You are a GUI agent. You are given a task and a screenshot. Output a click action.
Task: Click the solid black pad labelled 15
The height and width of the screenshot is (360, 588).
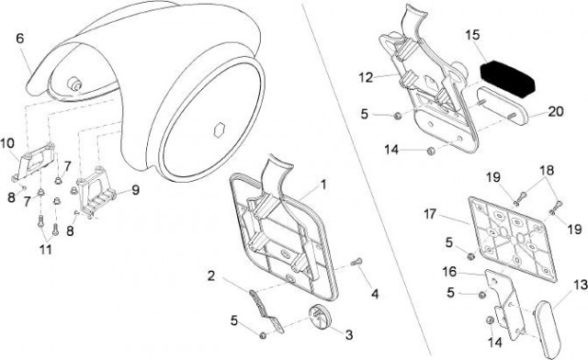click(508, 80)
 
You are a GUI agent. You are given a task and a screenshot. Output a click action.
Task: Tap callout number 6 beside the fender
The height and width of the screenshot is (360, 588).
click(20, 39)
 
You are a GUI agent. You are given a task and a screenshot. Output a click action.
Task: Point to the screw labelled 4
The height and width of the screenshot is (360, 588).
click(356, 262)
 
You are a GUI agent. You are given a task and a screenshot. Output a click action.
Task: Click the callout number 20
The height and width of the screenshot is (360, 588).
click(556, 111)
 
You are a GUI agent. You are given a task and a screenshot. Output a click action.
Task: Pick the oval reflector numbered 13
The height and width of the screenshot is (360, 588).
click(548, 329)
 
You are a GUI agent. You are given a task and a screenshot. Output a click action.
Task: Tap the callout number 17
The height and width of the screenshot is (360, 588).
click(430, 214)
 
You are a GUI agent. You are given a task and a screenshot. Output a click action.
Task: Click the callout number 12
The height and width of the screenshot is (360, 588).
click(366, 78)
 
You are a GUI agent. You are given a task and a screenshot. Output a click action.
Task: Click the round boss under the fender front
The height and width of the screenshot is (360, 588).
click(75, 84)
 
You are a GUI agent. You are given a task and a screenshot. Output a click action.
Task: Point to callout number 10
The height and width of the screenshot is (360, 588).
click(7, 143)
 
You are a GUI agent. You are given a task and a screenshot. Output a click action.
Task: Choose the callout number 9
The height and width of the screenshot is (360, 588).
click(135, 190)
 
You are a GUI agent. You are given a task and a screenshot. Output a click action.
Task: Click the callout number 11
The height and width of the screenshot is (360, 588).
click(45, 250)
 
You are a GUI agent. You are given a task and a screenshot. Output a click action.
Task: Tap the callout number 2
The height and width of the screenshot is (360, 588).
click(211, 276)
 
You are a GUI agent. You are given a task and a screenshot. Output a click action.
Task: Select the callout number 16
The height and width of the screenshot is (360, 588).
click(449, 272)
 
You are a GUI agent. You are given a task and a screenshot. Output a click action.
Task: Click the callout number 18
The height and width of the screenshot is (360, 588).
click(547, 170)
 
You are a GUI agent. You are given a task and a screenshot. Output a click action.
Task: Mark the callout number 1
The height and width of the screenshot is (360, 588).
click(322, 185)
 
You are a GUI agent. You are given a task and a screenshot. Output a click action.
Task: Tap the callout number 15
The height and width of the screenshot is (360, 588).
click(473, 35)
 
